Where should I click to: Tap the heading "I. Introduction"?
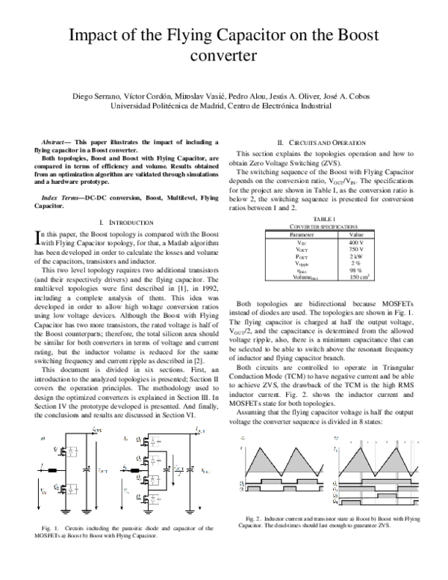point(126,223)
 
